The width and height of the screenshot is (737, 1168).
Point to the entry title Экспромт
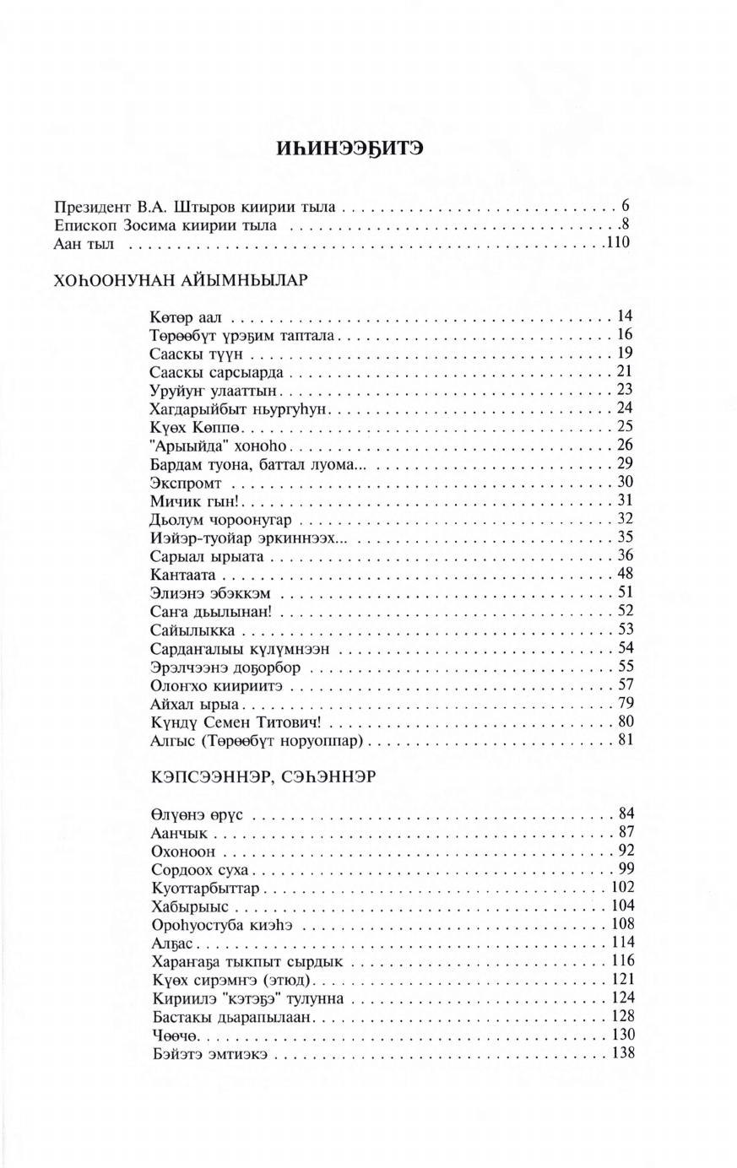(x=186, y=483)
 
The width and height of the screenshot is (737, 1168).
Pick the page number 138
(x=622, y=1054)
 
